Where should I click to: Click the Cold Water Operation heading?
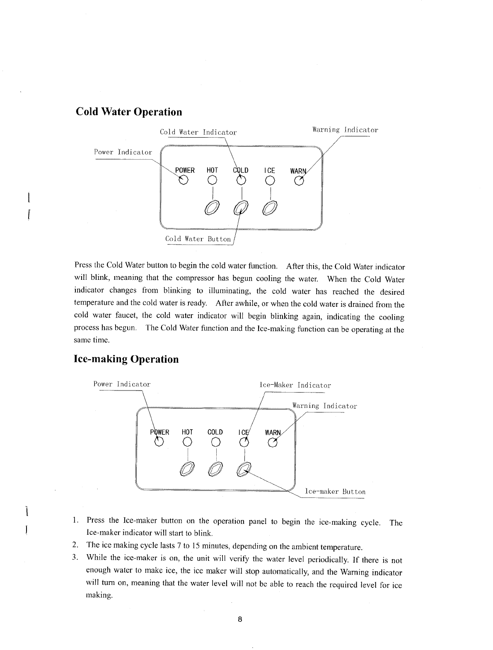pyautogui.click(x=129, y=112)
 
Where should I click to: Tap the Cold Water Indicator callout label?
pyautogui.click(x=198, y=132)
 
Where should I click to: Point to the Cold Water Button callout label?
pyautogui.click(x=198, y=239)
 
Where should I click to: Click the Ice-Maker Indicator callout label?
pyautogui.click(x=295, y=385)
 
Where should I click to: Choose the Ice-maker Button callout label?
pyautogui.click(x=335, y=492)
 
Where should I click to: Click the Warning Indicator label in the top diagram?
pyautogui.click(x=345, y=130)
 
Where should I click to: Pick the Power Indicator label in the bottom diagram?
pyautogui.click(x=122, y=383)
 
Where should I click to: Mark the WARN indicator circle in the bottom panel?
pyautogui.click(x=272, y=444)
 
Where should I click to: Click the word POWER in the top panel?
pyautogui.click(x=185, y=170)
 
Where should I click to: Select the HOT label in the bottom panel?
pyautogui.click(x=187, y=432)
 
